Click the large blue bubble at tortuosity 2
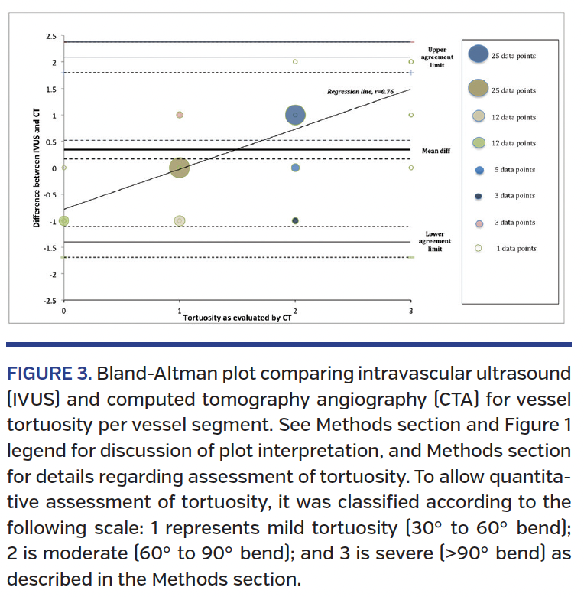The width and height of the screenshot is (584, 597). [x=295, y=115]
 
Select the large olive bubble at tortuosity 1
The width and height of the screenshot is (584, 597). [x=180, y=168]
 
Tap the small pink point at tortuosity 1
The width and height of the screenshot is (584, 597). [x=180, y=115]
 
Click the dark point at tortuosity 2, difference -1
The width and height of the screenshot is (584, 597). [x=295, y=220]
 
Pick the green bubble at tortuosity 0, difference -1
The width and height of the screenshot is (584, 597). [x=64, y=220]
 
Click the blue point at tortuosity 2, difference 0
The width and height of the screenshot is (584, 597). [x=295, y=168]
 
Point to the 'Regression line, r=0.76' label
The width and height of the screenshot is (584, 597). [x=360, y=91]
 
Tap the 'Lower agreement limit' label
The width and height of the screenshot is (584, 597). [x=434, y=241]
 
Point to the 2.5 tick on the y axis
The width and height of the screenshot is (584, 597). [x=50, y=36]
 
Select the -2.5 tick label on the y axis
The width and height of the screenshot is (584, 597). [x=49, y=300]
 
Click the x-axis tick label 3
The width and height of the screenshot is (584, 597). [x=411, y=312]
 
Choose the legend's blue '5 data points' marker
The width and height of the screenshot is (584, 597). [x=479, y=170]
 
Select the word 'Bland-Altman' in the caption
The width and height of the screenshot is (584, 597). [x=143, y=374]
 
